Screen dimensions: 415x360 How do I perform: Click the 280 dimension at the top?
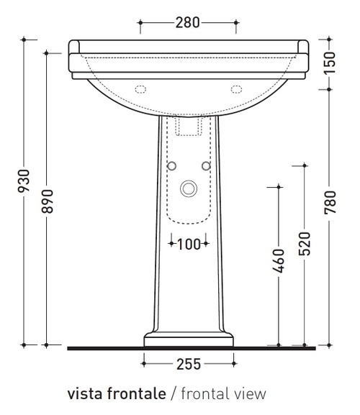click(188, 22)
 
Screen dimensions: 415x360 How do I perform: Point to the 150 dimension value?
click(330, 63)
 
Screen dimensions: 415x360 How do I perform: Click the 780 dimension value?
click(330, 209)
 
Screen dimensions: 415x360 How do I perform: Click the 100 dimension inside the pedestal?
click(189, 244)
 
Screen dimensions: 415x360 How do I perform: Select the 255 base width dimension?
click(189, 364)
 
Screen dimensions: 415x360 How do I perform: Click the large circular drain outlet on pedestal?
click(189, 189)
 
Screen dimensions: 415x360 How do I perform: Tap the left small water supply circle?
click(171, 166)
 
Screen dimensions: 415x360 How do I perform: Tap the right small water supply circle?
click(206, 166)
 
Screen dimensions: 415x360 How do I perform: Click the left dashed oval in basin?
click(140, 89)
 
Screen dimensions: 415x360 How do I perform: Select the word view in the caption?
click(251, 394)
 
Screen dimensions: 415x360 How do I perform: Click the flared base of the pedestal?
click(189, 339)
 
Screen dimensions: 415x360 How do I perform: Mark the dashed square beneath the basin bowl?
click(189, 126)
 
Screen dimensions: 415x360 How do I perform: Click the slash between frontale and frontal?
click(176, 394)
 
